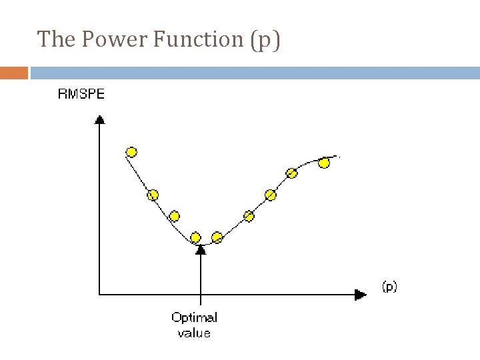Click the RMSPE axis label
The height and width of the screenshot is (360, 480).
point(81,94)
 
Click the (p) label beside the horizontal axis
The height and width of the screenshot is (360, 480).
point(389,287)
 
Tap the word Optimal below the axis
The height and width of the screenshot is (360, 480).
point(194,318)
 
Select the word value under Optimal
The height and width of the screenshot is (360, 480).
point(194,332)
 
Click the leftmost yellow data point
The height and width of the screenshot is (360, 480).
point(131,152)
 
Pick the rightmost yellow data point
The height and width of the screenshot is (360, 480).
point(324,163)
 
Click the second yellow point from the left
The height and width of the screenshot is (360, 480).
point(153,195)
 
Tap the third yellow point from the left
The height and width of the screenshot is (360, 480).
point(174,216)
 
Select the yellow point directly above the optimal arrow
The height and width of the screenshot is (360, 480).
point(195,237)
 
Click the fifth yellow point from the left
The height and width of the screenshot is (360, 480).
point(217,237)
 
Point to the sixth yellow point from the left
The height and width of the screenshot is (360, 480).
point(249,215)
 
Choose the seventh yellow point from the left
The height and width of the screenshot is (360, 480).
point(270,195)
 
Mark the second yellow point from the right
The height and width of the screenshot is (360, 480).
point(291,173)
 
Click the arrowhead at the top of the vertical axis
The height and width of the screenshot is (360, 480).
point(99,119)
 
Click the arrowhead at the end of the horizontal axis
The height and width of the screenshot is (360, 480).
point(361,294)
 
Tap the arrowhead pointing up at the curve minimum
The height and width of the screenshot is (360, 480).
point(200,249)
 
